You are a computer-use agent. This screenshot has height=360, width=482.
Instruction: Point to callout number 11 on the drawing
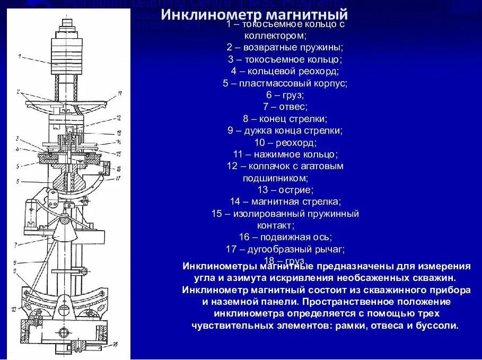120,93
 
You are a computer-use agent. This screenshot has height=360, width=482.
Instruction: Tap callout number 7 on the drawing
16,244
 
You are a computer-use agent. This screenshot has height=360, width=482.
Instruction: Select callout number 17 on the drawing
119,179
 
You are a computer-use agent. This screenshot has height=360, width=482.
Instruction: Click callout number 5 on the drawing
17,165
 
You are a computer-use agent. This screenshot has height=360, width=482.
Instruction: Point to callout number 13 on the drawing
119,133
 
